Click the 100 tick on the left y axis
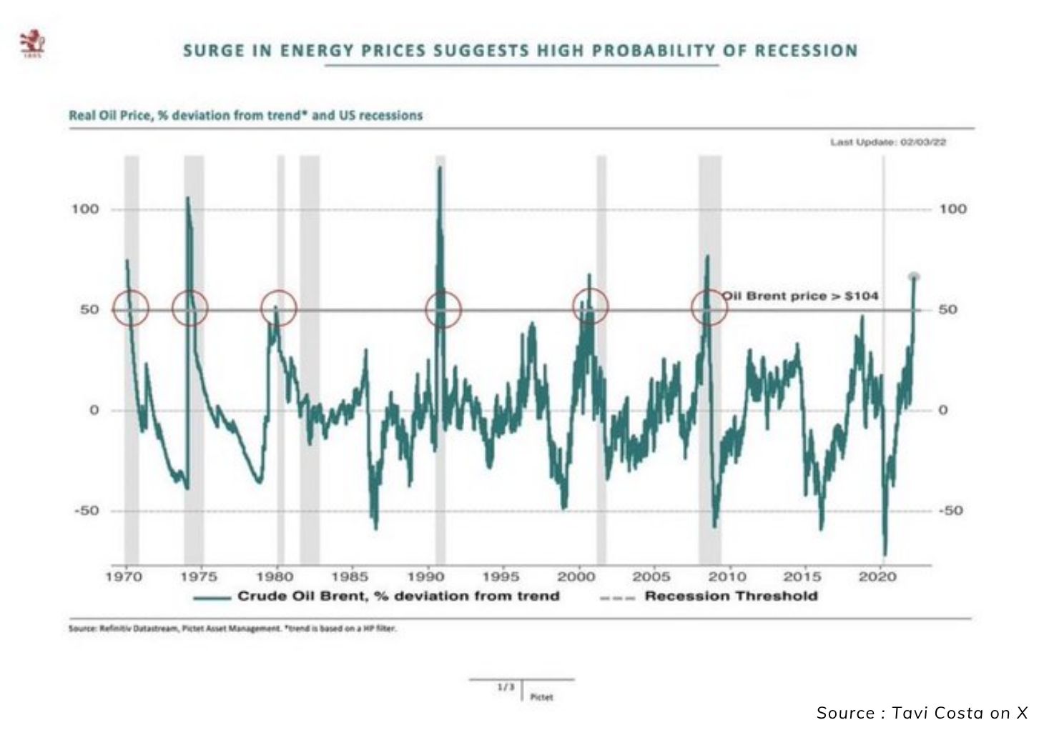tap(84, 209)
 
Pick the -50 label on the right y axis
tap(951, 511)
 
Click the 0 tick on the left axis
tap(94, 410)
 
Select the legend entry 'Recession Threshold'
tap(731, 596)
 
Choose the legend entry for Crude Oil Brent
tap(398, 596)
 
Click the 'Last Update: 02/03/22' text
tap(888, 142)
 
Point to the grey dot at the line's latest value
tap(914, 277)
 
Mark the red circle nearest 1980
tap(278, 309)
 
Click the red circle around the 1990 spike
tap(443, 309)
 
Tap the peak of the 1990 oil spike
tap(440, 168)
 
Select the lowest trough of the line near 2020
tap(885, 554)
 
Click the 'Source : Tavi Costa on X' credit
tap(922, 713)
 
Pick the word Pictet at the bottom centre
tap(541, 697)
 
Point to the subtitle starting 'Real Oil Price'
tap(245, 116)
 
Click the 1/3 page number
tap(506, 687)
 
